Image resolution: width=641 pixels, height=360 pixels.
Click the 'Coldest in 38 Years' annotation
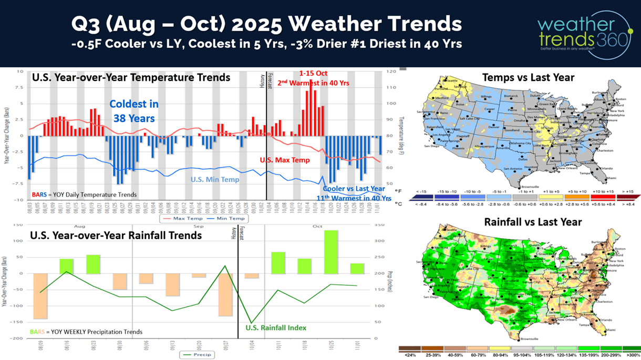pyautogui.click(x=134, y=111)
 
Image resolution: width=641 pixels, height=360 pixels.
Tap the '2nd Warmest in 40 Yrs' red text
pyautogui.click(x=313, y=83)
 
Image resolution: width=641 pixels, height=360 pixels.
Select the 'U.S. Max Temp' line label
pyautogui.click(x=285, y=160)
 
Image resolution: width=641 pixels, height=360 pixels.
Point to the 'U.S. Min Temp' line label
pyautogui.click(x=214, y=179)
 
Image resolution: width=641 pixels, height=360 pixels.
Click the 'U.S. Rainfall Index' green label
pyautogui.click(x=276, y=327)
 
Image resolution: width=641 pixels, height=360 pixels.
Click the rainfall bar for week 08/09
pyautogui.click(x=40, y=296)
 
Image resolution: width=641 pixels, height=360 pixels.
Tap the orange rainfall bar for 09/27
pyautogui.click(x=225, y=294)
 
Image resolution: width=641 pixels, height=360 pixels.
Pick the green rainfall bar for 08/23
pyautogui.click(x=93, y=264)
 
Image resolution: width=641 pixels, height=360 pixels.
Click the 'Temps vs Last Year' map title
pyautogui.click(x=528, y=77)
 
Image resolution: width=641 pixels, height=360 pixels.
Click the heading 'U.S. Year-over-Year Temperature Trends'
pyautogui.click(x=131, y=77)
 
